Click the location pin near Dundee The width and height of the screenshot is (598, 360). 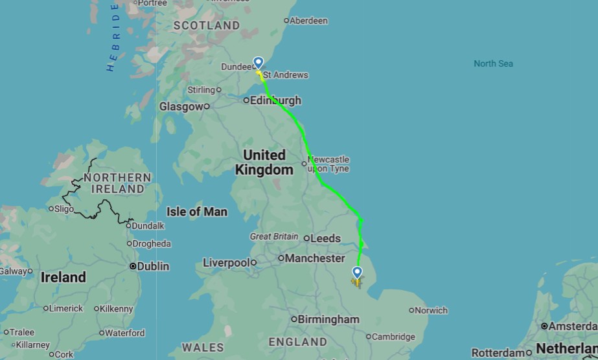click(259, 63)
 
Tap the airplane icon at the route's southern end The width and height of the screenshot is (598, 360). click(356, 282)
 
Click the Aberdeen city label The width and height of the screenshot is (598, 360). click(308, 21)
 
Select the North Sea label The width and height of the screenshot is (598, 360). click(493, 63)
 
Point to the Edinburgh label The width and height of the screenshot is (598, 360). click(276, 101)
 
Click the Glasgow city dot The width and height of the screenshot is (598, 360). click(207, 106)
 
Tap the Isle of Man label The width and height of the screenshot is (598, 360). click(197, 212)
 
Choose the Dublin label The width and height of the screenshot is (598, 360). click(153, 266)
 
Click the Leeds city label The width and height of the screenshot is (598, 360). click(325, 238)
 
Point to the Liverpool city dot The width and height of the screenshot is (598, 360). click(254, 263)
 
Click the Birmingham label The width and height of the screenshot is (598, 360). click(329, 319)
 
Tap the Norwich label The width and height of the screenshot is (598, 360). click(431, 310)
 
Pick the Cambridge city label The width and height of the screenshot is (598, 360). click(394, 337)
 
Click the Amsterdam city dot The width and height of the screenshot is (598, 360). click(544, 326)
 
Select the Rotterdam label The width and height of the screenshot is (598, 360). click(497, 353)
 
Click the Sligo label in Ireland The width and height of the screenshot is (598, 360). click(64, 208)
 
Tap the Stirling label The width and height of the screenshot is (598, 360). click(201, 90)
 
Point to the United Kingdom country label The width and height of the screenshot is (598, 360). click(264, 163)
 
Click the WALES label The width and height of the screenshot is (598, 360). click(203, 347)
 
